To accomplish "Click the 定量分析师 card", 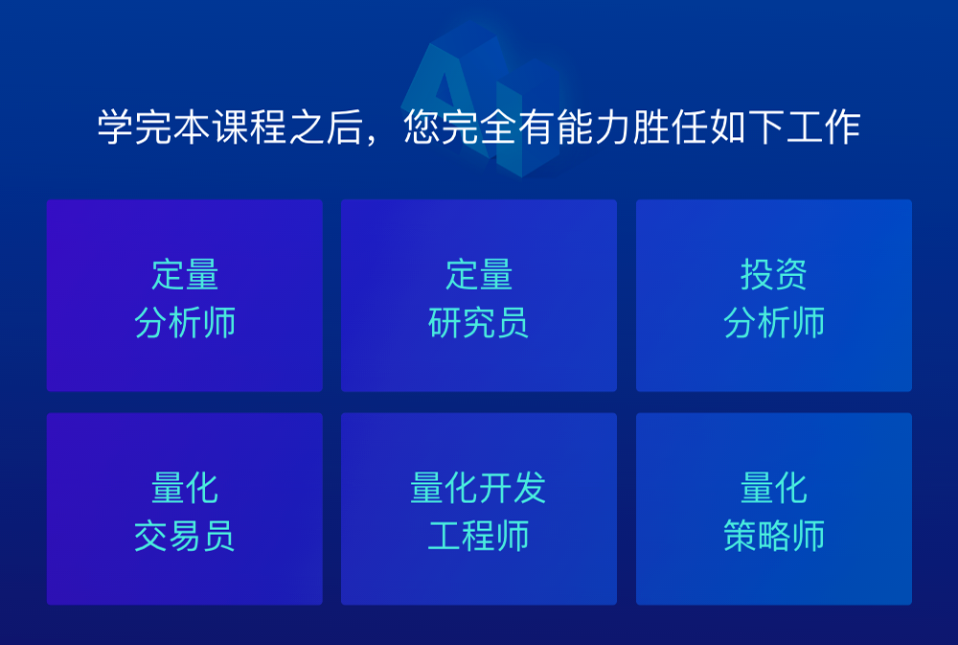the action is tap(185, 295).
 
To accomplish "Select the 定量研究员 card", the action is tap(479, 295).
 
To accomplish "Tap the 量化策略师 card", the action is tap(774, 509).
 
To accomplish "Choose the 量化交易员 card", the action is tap(185, 509).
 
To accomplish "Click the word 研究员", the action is tap(478, 322).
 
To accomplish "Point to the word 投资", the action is tap(774, 274).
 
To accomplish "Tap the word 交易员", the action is tap(185, 536).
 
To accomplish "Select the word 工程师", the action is tap(478, 536).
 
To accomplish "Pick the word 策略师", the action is tap(774, 536).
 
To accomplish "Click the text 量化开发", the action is tap(478, 488).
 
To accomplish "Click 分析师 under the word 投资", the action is tap(774, 322).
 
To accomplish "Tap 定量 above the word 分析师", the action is tap(185, 274).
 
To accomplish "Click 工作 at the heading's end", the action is tap(823, 127).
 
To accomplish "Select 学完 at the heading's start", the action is tap(135, 127).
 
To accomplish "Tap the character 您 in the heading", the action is tap(422, 127).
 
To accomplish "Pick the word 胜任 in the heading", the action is tap(671, 127).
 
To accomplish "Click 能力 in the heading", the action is tap(594, 127).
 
